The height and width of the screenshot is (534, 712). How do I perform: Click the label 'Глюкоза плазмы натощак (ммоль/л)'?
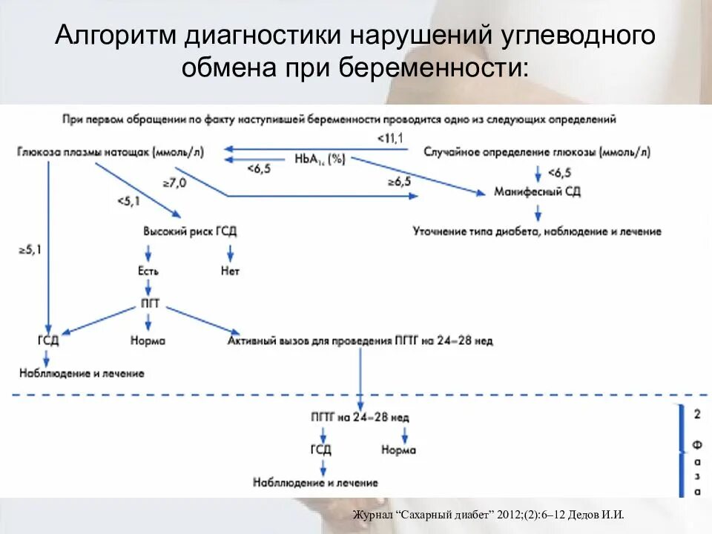point(109,152)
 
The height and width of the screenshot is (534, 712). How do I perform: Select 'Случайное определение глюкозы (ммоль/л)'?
point(536,152)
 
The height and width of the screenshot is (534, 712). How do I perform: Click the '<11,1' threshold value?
point(390,139)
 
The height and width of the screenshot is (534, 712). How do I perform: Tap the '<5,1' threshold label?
point(128,200)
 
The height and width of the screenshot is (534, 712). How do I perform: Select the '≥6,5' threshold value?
point(398,181)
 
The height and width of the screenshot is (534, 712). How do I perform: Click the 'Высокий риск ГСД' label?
point(190,231)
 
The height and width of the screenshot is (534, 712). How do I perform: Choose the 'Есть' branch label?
point(148,271)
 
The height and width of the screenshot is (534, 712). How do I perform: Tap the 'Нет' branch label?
point(230,271)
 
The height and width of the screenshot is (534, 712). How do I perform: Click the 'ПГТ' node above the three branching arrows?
point(150,305)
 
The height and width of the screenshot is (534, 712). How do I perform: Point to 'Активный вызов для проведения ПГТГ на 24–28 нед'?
point(360,341)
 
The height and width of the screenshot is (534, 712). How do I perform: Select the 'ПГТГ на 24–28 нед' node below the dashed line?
point(360,418)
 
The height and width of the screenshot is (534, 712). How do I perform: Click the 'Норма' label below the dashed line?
point(398,449)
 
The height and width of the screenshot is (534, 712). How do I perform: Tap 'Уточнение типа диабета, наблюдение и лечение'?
point(536,231)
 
